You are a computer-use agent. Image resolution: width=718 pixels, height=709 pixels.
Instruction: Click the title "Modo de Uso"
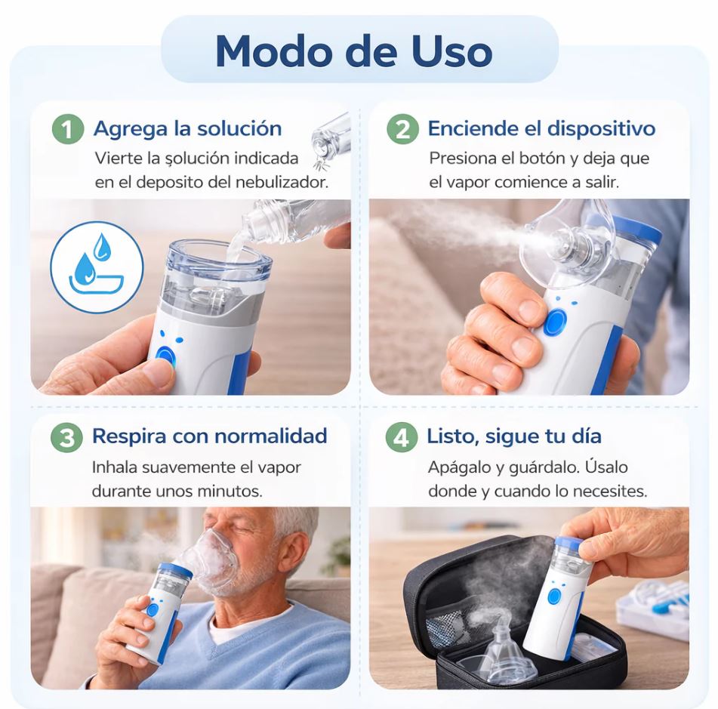[354, 51]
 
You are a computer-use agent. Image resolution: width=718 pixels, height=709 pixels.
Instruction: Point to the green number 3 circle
[67, 436]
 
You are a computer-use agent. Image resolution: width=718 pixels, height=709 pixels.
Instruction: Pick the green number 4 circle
[401, 436]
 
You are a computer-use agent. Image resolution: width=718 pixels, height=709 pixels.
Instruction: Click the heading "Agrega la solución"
[187, 128]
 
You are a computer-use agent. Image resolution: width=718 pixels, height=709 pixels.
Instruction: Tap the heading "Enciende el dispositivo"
[541, 128]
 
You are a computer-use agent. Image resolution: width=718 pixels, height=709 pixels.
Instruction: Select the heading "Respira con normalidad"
[210, 436]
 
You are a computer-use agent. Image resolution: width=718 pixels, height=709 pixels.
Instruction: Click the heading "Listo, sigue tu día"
[513, 436]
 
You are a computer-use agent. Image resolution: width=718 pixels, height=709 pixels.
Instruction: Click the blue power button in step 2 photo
[555, 322]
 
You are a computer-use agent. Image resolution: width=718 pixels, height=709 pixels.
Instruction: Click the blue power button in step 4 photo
[554, 596]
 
